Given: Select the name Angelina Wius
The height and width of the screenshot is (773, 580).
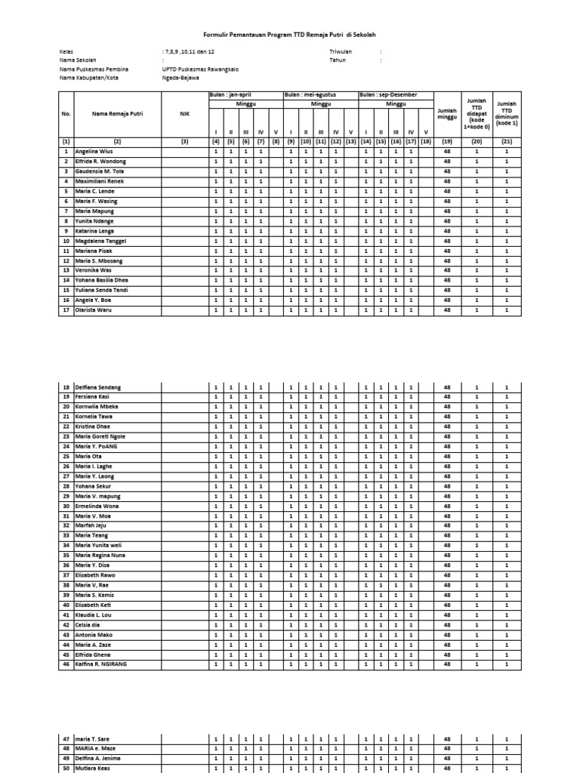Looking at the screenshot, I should coord(94,152).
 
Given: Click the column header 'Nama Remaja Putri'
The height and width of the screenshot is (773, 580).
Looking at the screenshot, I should coord(117,114).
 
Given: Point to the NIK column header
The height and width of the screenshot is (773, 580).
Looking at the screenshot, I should coord(184,114).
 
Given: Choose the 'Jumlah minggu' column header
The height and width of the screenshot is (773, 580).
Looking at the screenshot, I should coord(447,114).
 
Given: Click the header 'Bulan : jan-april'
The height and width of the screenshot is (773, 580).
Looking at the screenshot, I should coord(227,95).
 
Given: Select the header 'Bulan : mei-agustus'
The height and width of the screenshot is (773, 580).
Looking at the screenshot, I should coord(310,95).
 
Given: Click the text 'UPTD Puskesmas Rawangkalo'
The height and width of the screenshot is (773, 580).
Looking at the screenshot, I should coord(199,69).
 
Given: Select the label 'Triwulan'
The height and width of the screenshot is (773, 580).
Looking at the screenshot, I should coord(341,51).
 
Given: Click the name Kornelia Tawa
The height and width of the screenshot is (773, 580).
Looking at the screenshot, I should coord(94,417).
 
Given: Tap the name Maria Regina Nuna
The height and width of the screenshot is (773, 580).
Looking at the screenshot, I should coord(100,555).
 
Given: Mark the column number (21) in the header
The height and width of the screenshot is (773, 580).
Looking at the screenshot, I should coord(506,141).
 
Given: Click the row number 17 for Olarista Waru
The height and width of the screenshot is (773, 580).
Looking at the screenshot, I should coord(66,310).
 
